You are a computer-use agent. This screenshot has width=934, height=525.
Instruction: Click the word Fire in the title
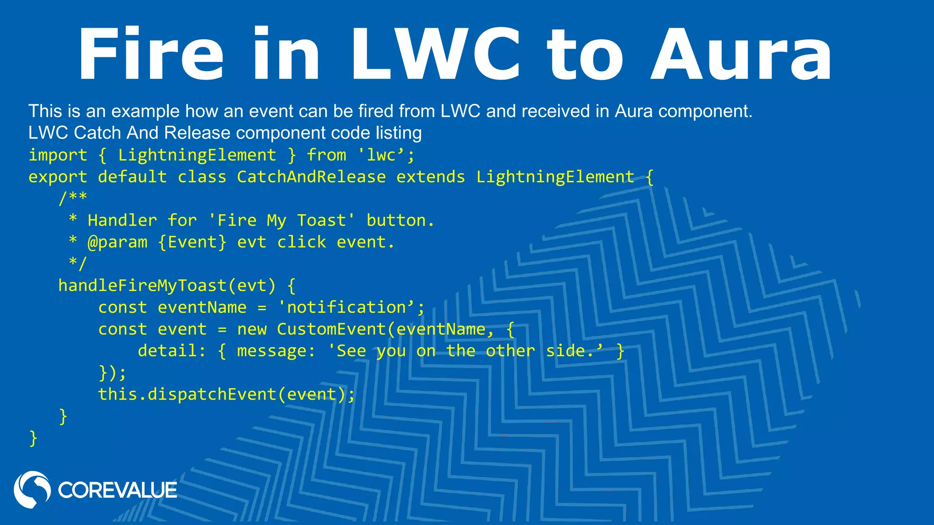(x=151, y=55)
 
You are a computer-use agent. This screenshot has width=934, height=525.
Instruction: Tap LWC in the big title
(x=436, y=55)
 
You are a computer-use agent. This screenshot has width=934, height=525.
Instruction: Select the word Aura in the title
(x=742, y=55)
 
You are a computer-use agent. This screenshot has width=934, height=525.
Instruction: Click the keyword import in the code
(x=58, y=155)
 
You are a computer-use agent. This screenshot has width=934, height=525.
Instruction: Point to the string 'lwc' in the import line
(x=380, y=155)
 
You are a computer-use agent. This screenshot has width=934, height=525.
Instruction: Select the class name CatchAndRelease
(x=311, y=177)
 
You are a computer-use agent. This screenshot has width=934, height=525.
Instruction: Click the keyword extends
(x=431, y=177)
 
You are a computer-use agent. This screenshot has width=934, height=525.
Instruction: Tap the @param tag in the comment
(x=117, y=242)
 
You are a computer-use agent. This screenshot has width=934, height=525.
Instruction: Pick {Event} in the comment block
(x=192, y=242)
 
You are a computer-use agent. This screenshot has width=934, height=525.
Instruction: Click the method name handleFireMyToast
(x=142, y=286)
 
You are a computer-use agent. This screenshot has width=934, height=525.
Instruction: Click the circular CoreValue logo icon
(x=32, y=489)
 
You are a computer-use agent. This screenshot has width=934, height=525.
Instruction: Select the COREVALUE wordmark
(x=117, y=490)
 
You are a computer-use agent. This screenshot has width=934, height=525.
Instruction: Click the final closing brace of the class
(x=33, y=438)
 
